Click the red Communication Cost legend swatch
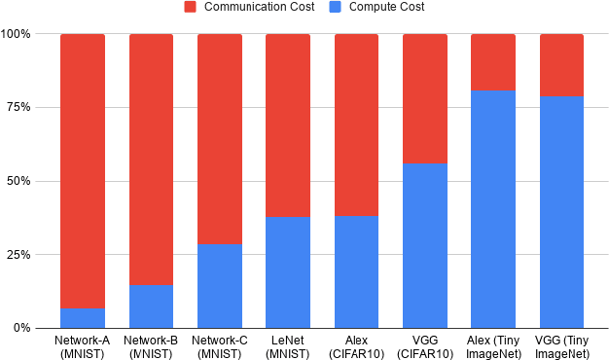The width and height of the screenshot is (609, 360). [x=191, y=7]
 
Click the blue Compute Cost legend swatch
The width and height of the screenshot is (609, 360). [x=337, y=7]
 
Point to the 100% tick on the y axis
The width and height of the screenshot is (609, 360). [x=17, y=34]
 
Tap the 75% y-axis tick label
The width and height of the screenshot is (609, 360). [x=19, y=107]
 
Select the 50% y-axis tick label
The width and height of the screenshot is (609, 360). [x=19, y=181]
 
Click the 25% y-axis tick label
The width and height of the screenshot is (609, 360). [x=19, y=255]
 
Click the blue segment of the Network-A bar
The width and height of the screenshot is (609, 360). [x=83, y=318]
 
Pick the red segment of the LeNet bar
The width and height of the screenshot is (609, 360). [x=288, y=126]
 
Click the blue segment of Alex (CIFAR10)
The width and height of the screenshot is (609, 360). [x=356, y=271]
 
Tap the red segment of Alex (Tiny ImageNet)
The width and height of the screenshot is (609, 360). [x=493, y=62]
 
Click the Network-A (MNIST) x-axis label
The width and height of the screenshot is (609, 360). [x=83, y=346]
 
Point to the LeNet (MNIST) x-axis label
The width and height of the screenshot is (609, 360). [x=288, y=346]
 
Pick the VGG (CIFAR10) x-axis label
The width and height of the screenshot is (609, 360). [x=425, y=346]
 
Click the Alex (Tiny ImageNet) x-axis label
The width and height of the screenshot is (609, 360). [x=493, y=346]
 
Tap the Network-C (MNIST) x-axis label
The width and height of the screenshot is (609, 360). [x=220, y=346]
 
